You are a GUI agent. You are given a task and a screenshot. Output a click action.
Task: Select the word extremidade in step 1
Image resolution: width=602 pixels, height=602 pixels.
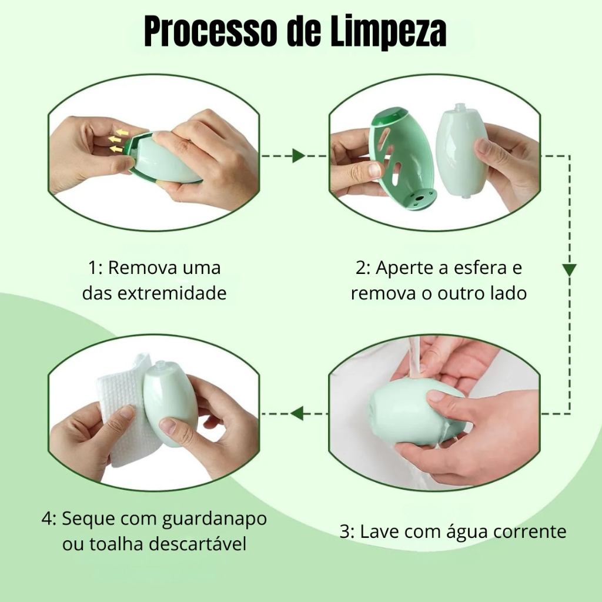click(x=172, y=293)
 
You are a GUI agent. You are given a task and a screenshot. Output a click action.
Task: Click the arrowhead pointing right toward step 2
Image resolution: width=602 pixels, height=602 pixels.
click(x=298, y=156)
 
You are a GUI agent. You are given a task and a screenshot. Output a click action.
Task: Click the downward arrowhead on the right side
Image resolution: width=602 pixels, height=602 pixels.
click(x=569, y=270)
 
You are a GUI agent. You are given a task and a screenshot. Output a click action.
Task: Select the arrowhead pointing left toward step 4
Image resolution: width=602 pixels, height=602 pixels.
click(x=296, y=413)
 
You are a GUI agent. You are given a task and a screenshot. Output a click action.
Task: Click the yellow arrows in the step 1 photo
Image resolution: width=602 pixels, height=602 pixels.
click(x=118, y=141)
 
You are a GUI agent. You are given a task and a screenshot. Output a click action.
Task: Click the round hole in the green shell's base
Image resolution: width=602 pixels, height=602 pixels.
click(x=419, y=199)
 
